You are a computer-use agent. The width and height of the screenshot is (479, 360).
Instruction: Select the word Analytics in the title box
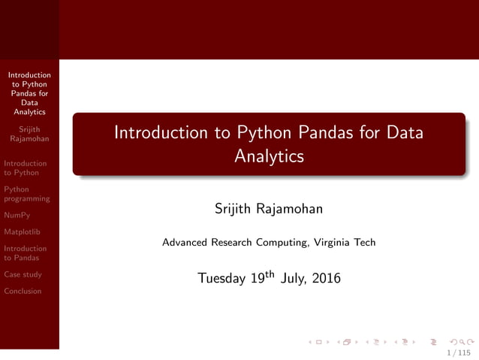pos(269,156)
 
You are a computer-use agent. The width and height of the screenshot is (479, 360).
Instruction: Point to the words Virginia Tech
pos(344,243)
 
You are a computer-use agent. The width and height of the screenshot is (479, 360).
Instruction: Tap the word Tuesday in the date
pos(221,279)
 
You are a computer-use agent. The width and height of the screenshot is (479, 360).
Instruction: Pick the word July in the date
pos(292,279)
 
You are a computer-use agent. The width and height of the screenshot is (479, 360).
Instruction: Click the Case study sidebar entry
pos(23,274)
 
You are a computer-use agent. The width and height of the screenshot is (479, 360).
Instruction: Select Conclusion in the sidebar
pos(23,291)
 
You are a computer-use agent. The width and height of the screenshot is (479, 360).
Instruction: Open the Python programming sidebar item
pos(26,194)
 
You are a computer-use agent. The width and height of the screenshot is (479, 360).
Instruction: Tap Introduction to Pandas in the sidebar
pos(25,253)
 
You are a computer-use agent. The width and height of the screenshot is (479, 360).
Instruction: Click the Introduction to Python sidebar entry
pos(25,168)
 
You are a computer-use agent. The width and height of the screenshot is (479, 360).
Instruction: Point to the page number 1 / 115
pos(458,352)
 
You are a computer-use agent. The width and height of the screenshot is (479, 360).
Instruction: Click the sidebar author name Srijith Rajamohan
pos(30,134)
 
